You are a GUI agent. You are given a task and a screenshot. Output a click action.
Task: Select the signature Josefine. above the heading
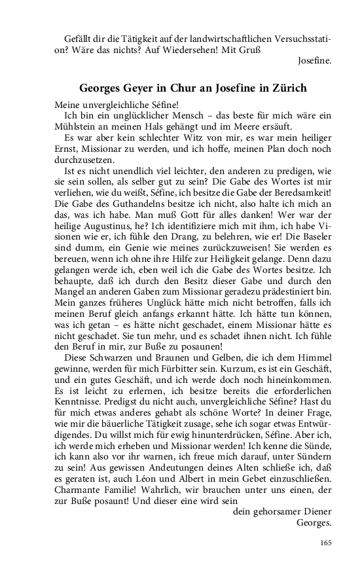(314, 62)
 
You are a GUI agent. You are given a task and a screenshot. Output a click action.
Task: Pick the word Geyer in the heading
(143, 87)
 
